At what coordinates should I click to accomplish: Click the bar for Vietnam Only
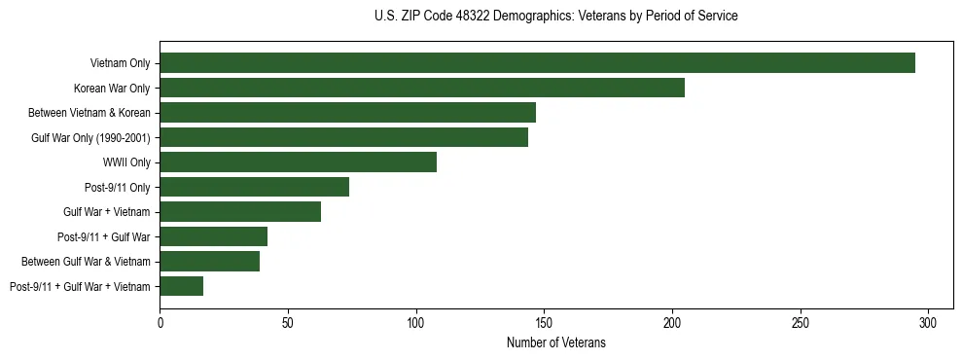[x=537, y=63]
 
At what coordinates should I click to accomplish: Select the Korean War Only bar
[x=422, y=88]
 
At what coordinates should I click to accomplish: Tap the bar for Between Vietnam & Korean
[x=347, y=113]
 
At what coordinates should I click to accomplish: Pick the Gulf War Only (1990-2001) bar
[x=343, y=137]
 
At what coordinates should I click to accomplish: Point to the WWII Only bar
[x=298, y=162]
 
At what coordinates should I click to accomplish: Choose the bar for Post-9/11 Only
[x=254, y=187]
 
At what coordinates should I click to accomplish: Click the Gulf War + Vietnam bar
[x=240, y=212]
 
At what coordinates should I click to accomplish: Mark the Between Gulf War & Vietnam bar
[x=209, y=262]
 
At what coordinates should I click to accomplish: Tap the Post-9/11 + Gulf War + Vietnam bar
[x=181, y=286]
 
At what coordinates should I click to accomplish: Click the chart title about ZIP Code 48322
[x=555, y=17]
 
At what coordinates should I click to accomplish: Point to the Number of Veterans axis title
[x=555, y=343]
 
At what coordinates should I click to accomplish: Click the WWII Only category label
[x=125, y=162]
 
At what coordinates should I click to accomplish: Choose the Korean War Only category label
[x=112, y=89]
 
